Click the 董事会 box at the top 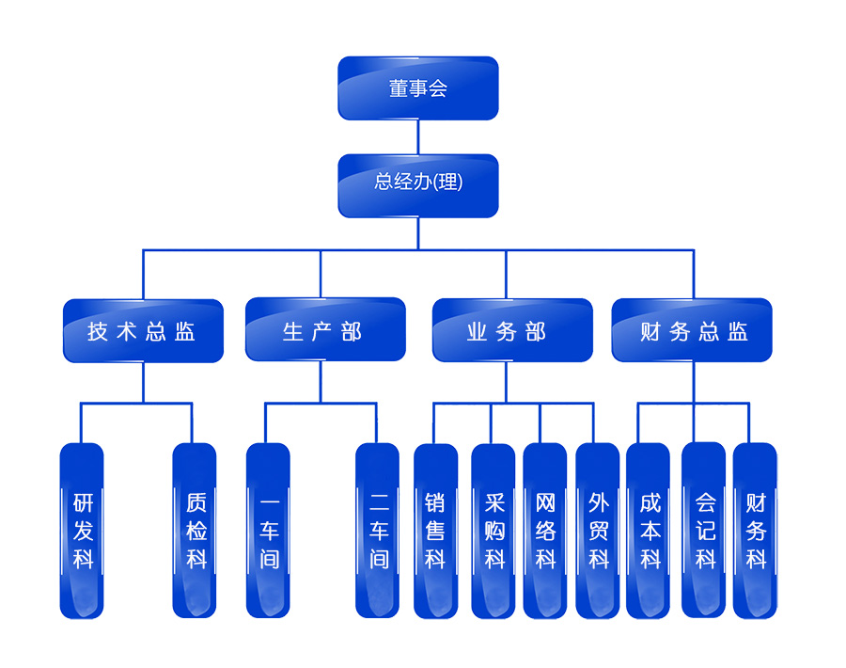418,88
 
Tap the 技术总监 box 143,330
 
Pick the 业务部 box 512,330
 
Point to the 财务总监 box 692,330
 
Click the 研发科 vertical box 82,531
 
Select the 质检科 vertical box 195,531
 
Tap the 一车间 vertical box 268,531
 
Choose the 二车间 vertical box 377,531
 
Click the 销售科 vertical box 435,531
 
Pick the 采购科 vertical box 493,531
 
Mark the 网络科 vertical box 545,531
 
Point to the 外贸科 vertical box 598,531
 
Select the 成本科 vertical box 649,531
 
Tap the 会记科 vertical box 703,531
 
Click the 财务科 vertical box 755,531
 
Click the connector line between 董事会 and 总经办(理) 418,136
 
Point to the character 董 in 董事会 399,88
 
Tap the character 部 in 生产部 352,331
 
